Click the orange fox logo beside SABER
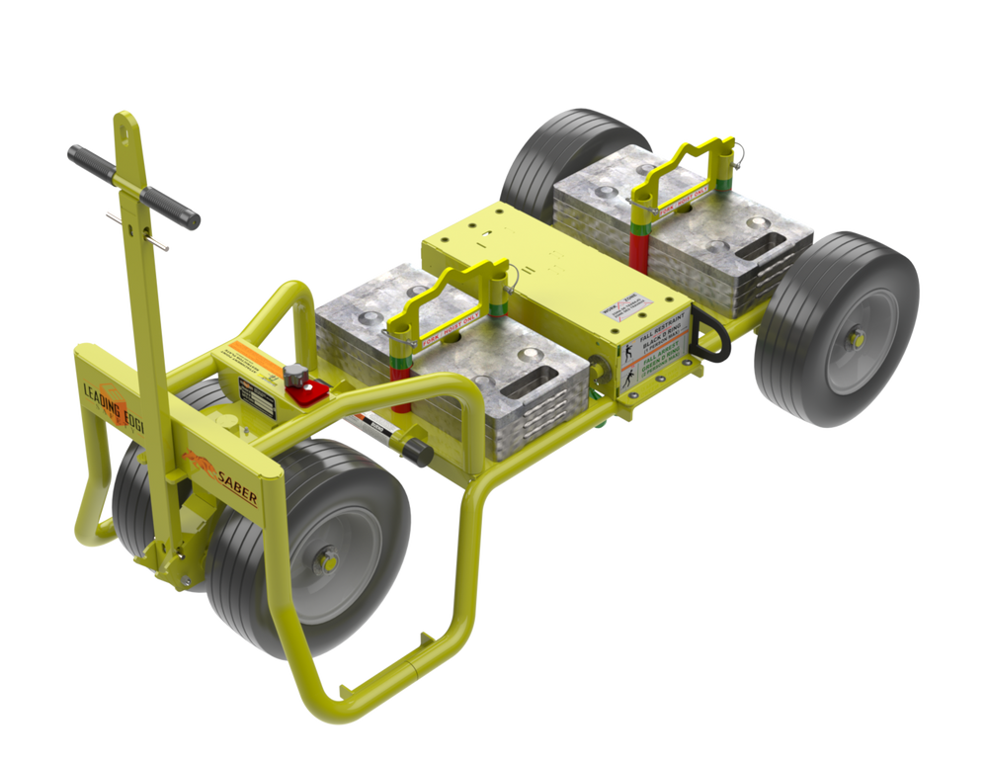[198, 464]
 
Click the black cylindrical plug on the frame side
[415, 450]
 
